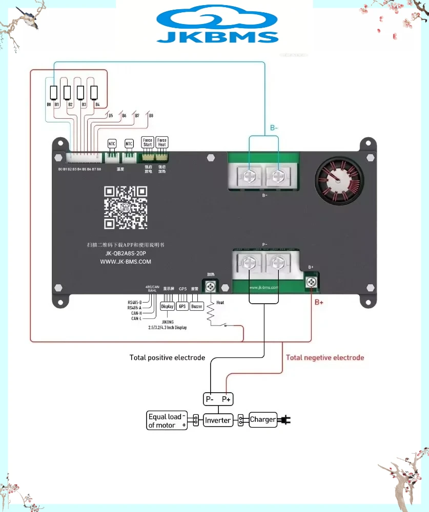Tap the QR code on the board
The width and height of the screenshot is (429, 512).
tap(126, 207)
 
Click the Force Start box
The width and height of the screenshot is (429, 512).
tap(148, 143)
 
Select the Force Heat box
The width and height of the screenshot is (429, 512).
tap(162, 143)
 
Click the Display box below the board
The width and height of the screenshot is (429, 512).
tap(167, 306)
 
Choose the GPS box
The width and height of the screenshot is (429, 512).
tap(182, 306)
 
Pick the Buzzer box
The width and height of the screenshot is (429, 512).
tap(197, 306)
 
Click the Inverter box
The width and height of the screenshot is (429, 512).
tap(218, 420)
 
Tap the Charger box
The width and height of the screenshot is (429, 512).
tap(263, 420)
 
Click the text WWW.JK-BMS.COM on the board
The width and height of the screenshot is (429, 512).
tap(126, 262)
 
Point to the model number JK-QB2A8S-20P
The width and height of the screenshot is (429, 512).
tap(126, 253)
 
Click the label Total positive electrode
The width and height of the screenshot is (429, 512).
tap(167, 357)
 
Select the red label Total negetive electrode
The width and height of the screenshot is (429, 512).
tap(325, 357)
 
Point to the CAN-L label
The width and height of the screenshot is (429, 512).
tap(136, 318)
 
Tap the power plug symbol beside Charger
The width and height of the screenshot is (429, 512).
tap(285, 420)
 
